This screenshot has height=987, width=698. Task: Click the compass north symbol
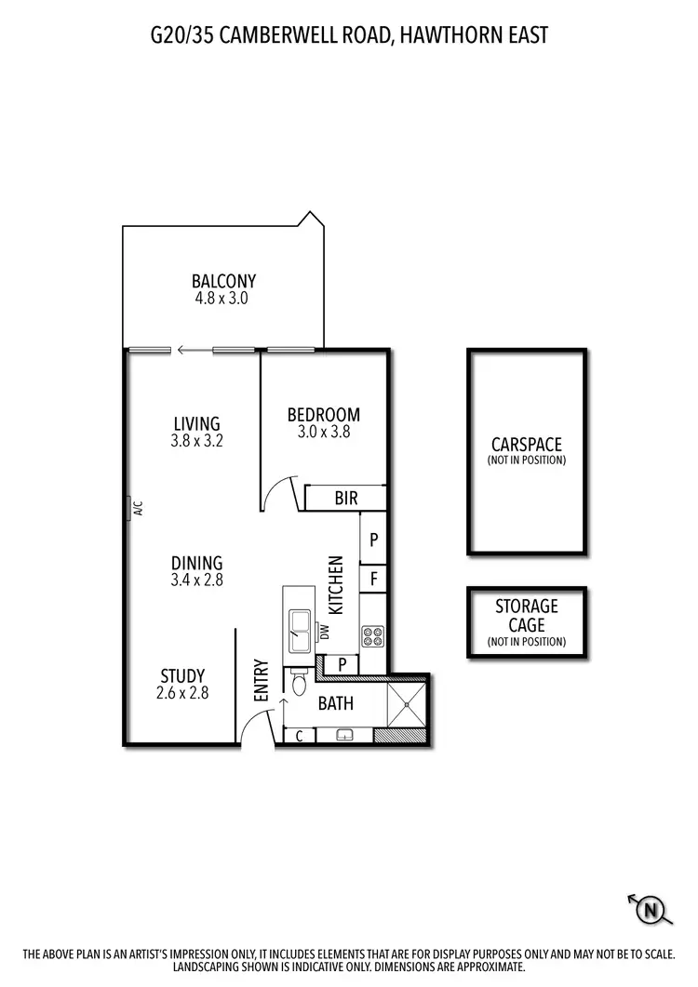[651, 910]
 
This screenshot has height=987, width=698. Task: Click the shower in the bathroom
[406, 703]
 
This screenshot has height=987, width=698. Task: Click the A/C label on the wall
[137, 508]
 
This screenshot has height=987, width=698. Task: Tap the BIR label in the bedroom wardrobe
[345, 499]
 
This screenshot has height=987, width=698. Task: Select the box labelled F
[373, 577]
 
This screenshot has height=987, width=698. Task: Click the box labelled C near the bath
[299, 736]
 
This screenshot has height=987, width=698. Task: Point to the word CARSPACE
[527, 445]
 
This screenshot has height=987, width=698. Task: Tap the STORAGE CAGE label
[527, 614]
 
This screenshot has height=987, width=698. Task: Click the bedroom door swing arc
[277, 495]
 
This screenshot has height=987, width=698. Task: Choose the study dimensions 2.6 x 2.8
[182, 692]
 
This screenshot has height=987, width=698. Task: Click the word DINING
[196, 563]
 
